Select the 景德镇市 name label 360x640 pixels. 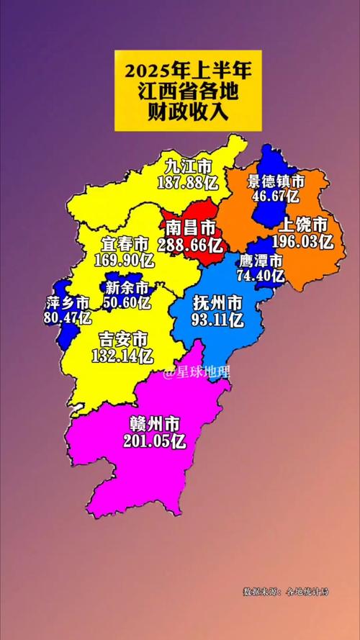276,181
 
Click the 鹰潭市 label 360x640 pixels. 261,261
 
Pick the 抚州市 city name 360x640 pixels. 217,303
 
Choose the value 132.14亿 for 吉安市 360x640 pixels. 122,354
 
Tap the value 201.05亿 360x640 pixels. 154,441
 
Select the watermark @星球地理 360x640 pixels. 196,373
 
